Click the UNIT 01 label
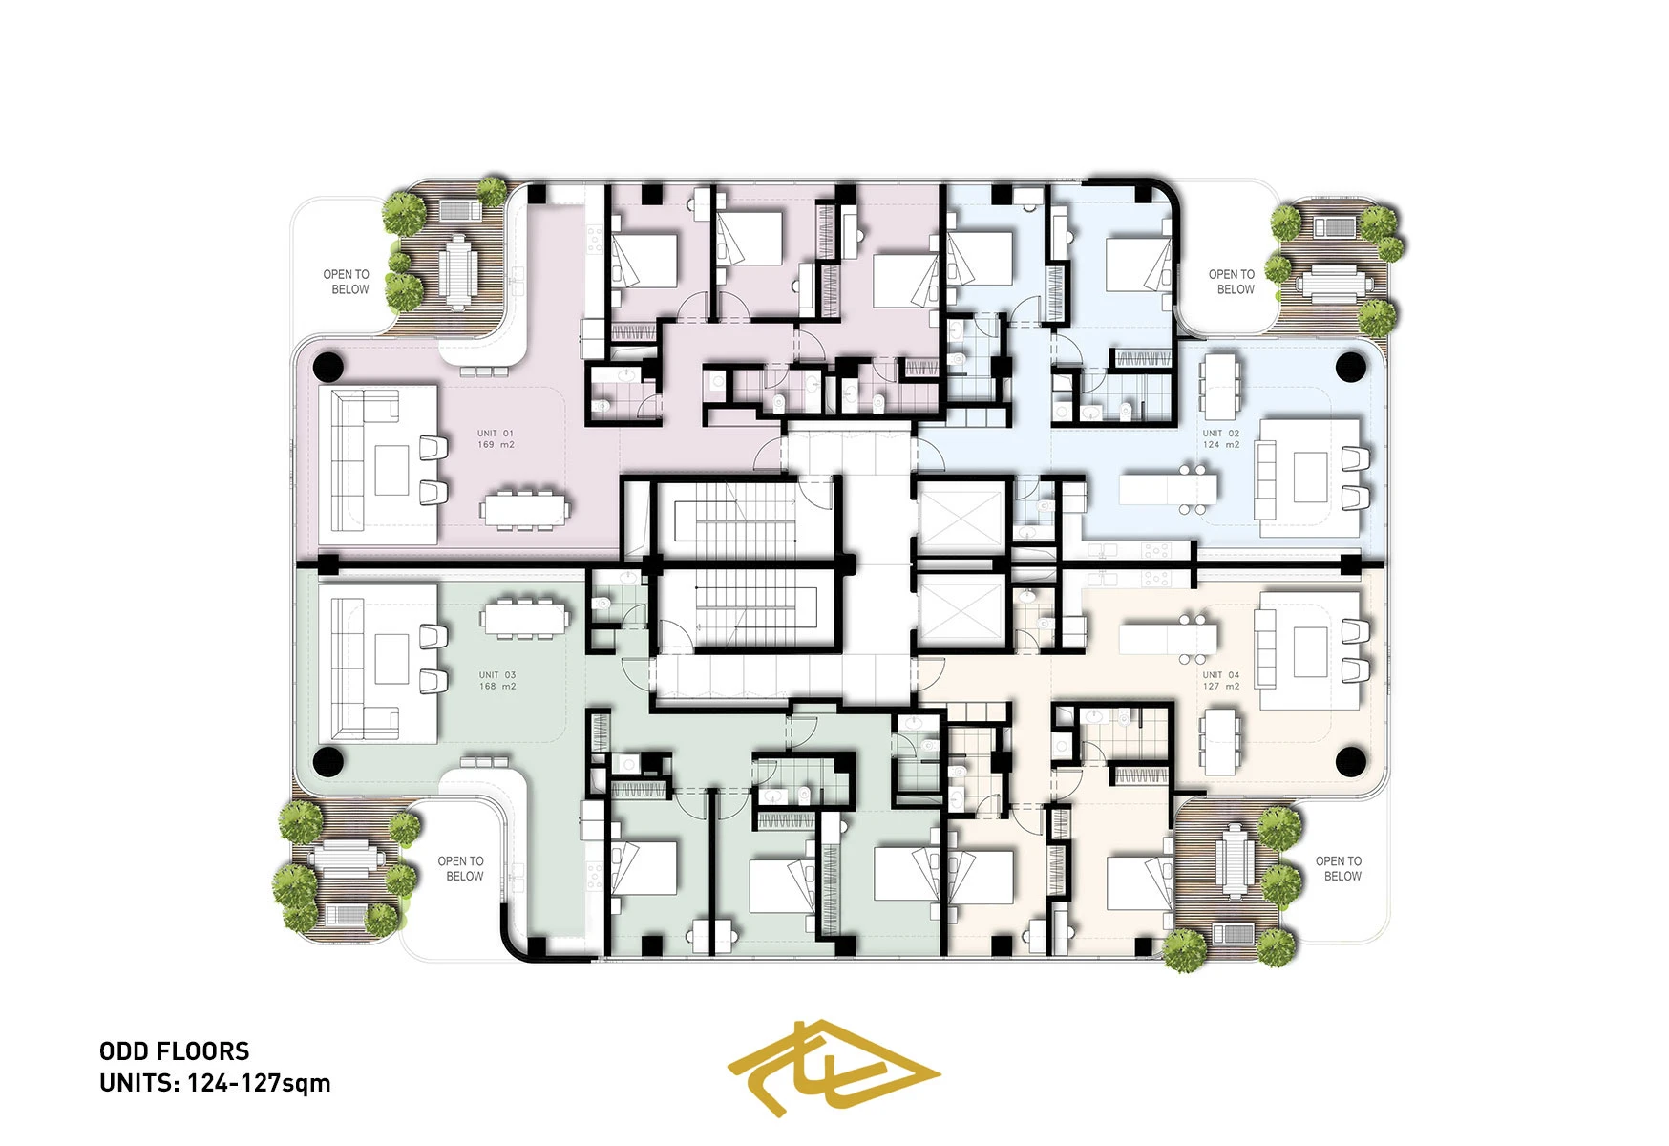click(496, 439)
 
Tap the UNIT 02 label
click(1221, 439)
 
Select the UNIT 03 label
click(497, 681)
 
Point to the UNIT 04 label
click(1221, 681)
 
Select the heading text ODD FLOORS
click(175, 1051)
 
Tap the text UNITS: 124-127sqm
click(215, 1083)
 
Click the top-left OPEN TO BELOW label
click(347, 282)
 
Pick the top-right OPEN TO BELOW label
click(1233, 282)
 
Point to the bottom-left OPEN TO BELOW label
click(461, 868)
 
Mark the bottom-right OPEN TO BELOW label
click(1340, 868)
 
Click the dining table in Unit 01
click(526, 509)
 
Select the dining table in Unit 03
click(526, 618)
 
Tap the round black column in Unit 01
click(327, 366)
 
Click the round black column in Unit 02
click(1350, 366)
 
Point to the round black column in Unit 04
click(1350, 761)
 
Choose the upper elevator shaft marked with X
click(961, 519)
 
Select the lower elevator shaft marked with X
click(961, 611)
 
